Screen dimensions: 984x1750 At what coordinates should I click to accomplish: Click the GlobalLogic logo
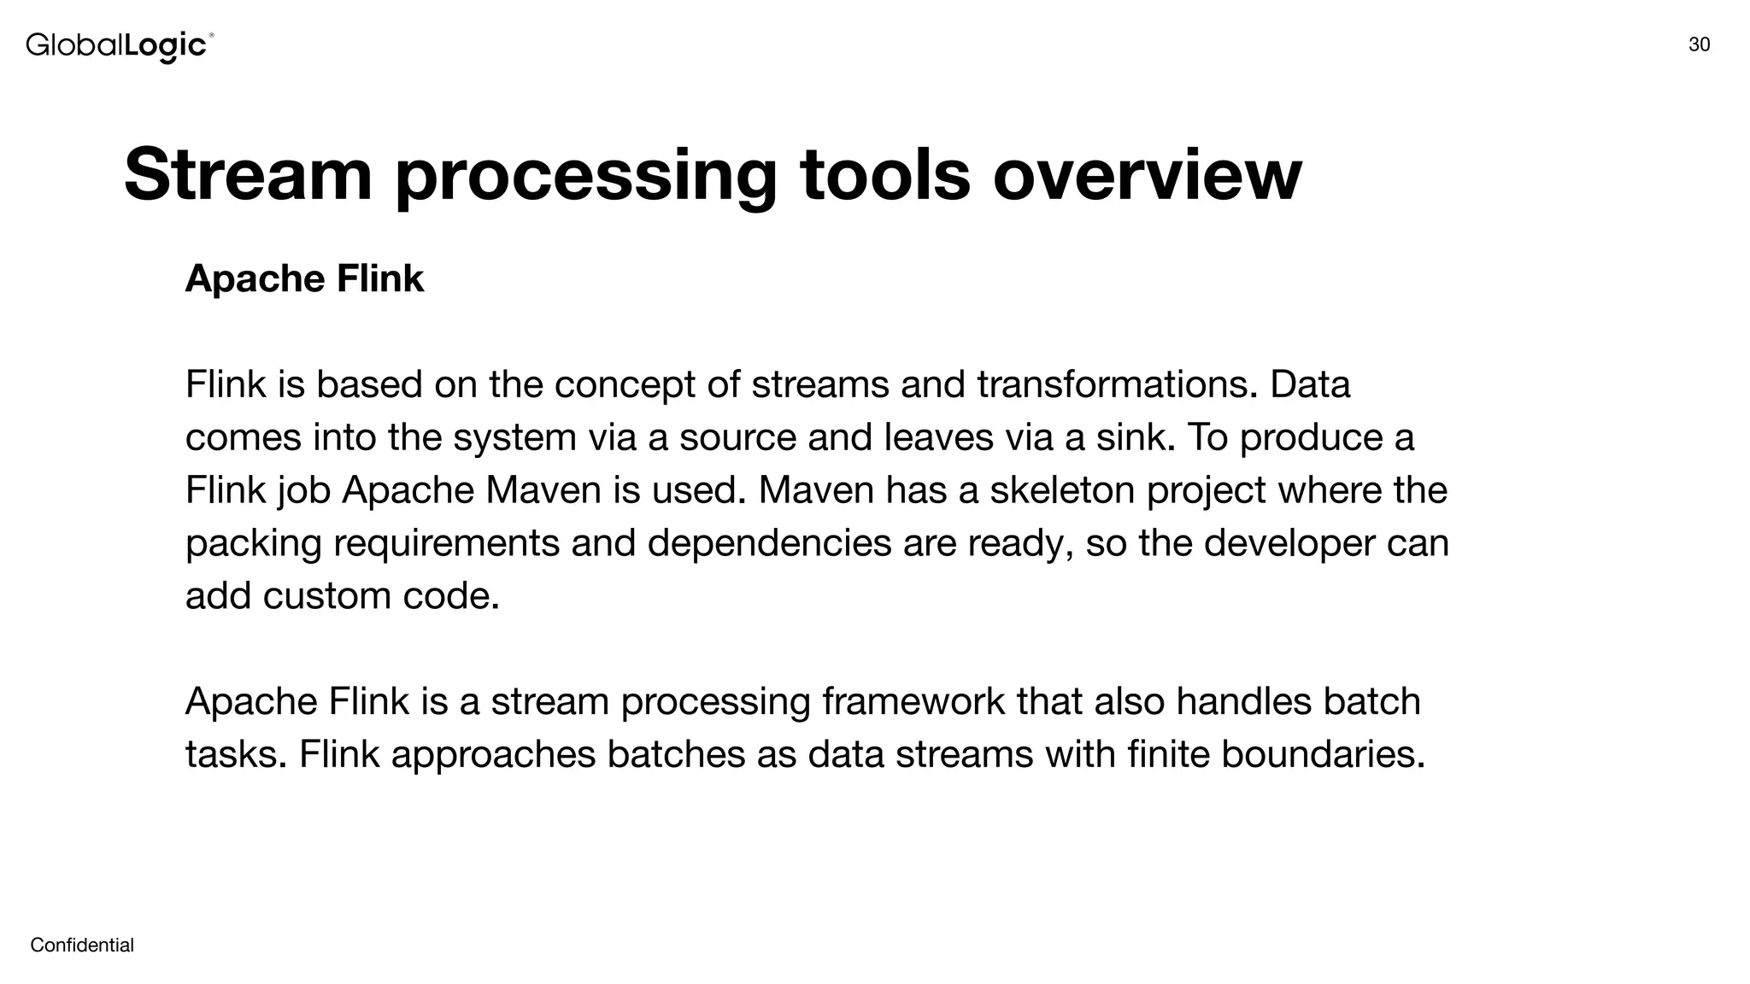coord(119,45)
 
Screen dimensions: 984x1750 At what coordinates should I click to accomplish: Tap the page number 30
coord(1699,45)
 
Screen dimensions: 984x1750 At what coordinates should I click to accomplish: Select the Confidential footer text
coord(82,945)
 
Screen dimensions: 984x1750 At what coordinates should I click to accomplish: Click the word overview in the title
coord(1147,174)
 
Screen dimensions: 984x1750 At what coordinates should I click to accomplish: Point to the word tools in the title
coord(885,174)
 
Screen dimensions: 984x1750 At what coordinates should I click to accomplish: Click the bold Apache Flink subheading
coord(304,278)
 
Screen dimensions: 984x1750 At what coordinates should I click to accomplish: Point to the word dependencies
coord(769,543)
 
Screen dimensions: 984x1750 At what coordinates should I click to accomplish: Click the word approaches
coord(493,754)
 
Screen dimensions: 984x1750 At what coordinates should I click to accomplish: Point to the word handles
coord(1243,702)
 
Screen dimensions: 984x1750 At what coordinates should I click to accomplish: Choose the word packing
coord(253,543)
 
